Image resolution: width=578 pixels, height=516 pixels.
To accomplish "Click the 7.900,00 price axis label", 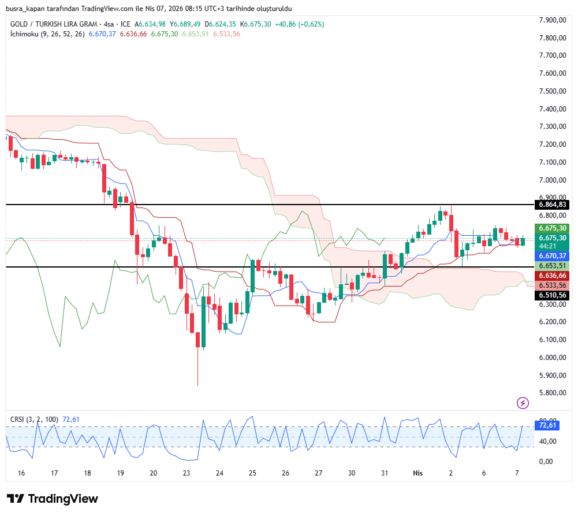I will tap(552, 20).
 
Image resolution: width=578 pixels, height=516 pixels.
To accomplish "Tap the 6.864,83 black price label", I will tap(553, 205).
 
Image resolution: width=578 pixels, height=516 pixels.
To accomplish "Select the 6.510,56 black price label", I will tap(553, 295).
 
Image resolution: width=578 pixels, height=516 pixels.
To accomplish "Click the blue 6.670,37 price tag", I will tap(553, 256).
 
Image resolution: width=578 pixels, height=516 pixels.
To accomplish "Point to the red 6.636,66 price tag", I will tap(553, 276).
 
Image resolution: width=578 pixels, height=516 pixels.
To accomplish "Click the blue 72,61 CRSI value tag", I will tap(547, 425).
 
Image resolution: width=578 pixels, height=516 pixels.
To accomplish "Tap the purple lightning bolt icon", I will tap(523, 403).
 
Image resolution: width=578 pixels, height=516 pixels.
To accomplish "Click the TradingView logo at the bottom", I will tap(53, 499).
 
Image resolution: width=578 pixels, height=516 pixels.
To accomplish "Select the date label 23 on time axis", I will tap(187, 473).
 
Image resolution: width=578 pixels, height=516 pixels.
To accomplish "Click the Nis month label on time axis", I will tap(418, 473).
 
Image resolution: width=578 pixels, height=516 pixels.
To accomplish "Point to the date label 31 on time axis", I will tap(385, 473).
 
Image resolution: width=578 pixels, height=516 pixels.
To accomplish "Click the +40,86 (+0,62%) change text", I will tap(299, 24).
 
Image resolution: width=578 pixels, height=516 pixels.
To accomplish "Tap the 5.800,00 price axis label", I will tap(552, 393).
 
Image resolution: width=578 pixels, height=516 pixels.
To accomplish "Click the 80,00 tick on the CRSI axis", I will tap(548, 421).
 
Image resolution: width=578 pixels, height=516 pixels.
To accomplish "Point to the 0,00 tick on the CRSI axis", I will tap(548, 461).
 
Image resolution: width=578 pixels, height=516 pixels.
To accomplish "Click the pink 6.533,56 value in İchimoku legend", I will tap(226, 34).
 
